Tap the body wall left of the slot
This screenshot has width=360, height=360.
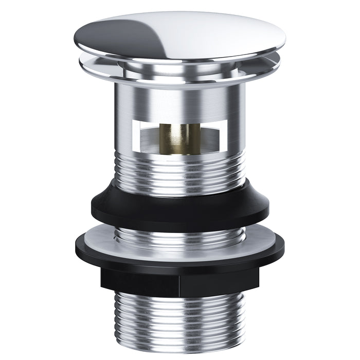[126, 134]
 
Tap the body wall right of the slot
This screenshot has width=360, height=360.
[234, 134]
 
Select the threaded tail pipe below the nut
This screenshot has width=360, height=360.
[180, 319]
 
